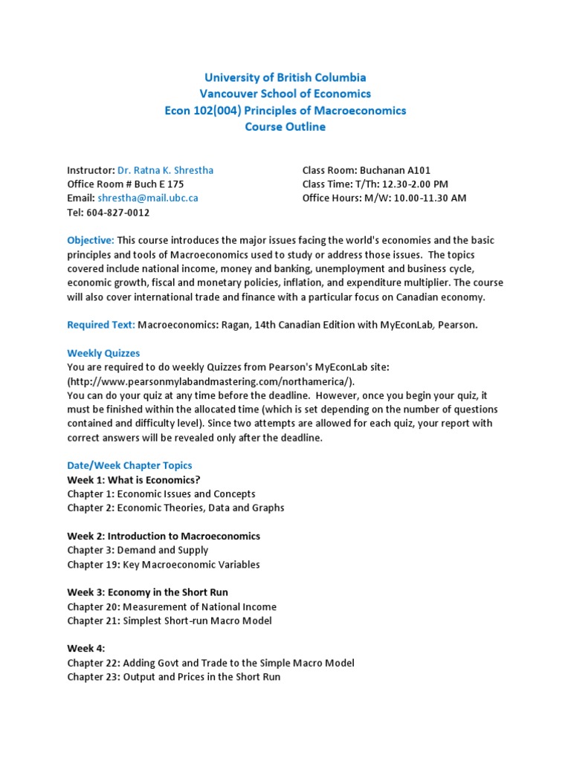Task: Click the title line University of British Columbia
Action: (x=285, y=77)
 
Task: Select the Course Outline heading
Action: (x=285, y=126)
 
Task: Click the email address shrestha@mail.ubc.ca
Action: (x=147, y=198)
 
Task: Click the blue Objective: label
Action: (x=91, y=241)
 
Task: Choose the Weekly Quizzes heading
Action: (x=103, y=353)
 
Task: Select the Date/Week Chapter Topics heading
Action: (x=129, y=465)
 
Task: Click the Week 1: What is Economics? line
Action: (x=134, y=479)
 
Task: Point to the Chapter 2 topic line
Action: (x=175, y=508)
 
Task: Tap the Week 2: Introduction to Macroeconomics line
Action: (x=164, y=536)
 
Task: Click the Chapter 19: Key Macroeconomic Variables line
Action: (x=164, y=564)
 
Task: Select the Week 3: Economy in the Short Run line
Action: (x=147, y=592)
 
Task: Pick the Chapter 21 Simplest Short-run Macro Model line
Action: (x=170, y=621)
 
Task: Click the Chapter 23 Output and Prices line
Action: (x=173, y=677)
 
